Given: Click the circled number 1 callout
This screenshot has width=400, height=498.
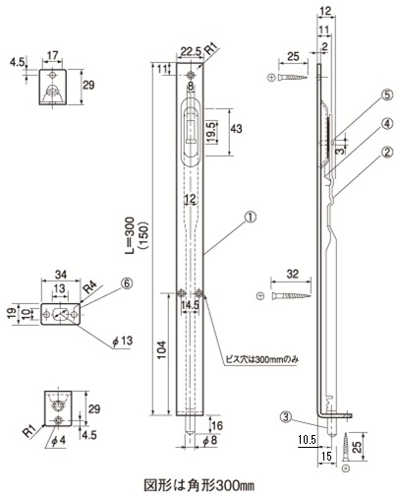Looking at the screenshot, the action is click(x=251, y=217).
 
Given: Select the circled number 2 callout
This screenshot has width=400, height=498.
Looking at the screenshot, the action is click(x=387, y=153).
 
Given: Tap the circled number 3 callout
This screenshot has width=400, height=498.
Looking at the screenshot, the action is click(x=286, y=417).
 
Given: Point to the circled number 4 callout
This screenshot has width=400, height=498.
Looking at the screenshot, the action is click(x=387, y=124).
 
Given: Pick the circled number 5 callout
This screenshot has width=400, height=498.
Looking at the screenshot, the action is click(x=387, y=95).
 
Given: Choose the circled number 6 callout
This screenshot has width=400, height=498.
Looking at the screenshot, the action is click(x=127, y=283).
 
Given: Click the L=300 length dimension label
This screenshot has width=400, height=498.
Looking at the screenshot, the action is click(x=130, y=235).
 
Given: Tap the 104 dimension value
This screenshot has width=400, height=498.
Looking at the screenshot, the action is click(x=162, y=350).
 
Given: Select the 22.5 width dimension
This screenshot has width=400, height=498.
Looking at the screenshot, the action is click(x=190, y=52).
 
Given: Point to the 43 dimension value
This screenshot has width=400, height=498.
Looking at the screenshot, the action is click(x=236, y=128).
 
